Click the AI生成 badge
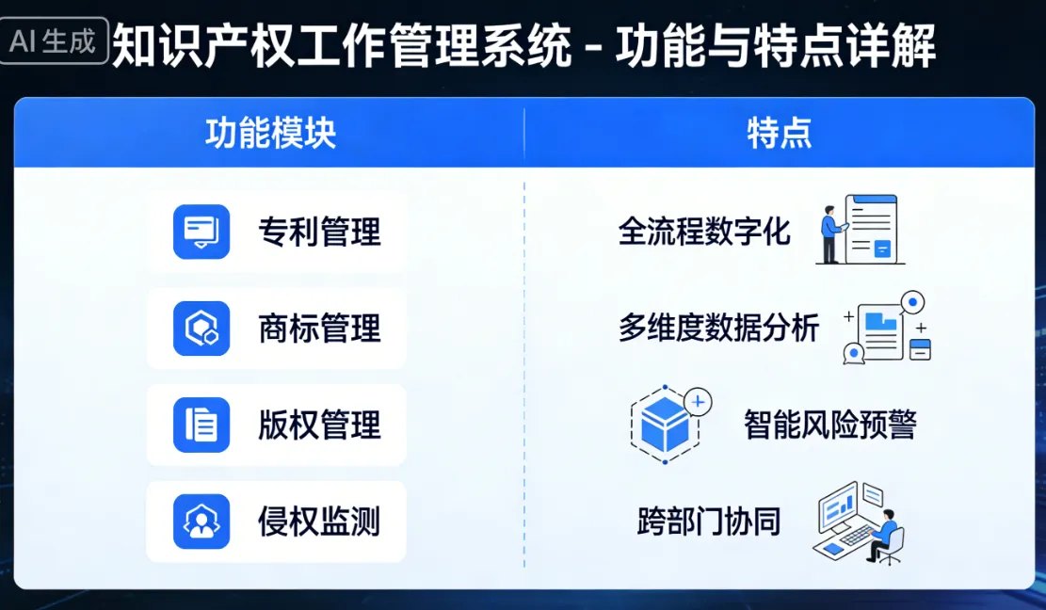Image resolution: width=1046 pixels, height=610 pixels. coord(55,42)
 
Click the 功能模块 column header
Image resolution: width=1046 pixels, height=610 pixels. coord(270,134)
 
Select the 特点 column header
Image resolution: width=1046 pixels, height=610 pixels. coord(779,134)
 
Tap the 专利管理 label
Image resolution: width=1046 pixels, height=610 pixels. coord(320,232)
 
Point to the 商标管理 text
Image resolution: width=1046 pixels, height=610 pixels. coord(320,329)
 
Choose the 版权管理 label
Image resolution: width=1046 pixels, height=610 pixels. coord(320,425)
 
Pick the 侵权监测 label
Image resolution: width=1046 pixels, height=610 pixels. coord(320,522)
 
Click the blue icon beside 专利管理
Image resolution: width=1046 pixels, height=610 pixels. coord(201,232)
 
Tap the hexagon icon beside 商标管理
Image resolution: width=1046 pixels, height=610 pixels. coord(201,329)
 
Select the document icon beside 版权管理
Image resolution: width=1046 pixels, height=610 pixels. coord(201,425)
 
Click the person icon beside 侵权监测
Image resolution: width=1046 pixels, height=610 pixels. coord(201,522)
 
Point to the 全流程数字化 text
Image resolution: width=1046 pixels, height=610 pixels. coord(704,232)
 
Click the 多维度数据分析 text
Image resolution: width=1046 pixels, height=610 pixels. coord(718,329)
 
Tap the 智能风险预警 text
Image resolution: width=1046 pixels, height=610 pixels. coord(829,425)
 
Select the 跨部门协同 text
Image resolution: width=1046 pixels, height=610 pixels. coord(709,522)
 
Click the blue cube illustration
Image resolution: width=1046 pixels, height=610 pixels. coord(665,425)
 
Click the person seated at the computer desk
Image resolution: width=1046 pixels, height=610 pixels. coord(886,534)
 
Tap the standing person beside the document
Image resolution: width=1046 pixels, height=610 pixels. coord(829,233)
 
